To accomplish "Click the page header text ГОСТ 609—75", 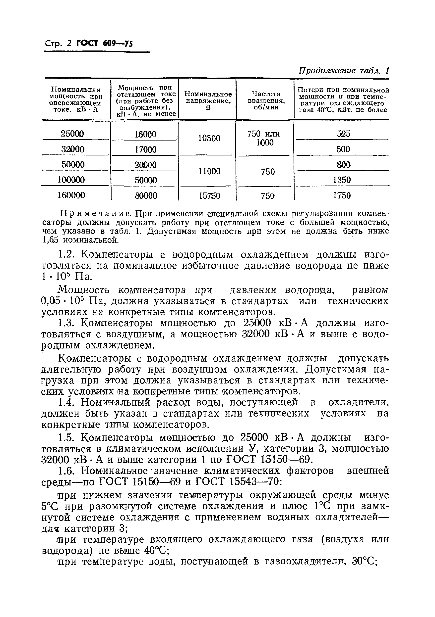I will [x=105, y=43].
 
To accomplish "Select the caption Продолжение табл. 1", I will [x=344, y=71].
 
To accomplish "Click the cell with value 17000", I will [x=145, y=149].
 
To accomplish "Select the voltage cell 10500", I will [x=209, y=138].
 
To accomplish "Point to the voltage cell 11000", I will [x=209, y=171].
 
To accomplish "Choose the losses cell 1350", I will [x=342, y=180].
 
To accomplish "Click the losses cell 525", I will [x=343, y=134].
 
